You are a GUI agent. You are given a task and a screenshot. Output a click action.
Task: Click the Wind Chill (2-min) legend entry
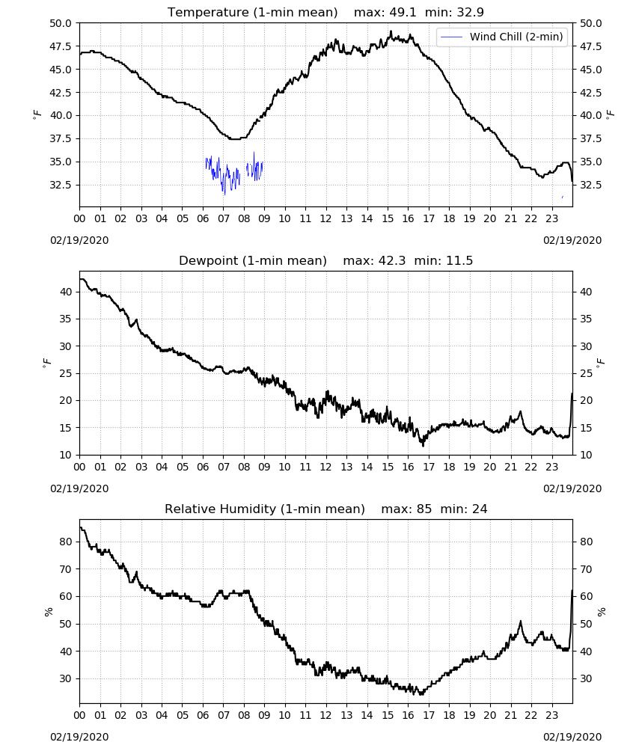pos(502,37)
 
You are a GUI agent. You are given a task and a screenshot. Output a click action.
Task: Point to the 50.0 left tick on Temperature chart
pos(61,23)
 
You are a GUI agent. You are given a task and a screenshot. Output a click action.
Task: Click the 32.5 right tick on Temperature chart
pos(590,185)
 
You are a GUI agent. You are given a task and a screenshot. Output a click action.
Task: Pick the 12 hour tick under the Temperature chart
pos(326,218)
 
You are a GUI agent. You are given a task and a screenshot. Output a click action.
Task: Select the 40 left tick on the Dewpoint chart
pos(66,292)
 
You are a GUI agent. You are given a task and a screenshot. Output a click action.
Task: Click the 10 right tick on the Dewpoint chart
pos(586,455)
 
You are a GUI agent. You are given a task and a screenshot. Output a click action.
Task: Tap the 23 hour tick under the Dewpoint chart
pos(552,467)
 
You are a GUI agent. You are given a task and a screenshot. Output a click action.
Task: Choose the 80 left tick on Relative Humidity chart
pos(66,542)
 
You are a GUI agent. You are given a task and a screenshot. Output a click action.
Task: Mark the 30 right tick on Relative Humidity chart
pos(586,679)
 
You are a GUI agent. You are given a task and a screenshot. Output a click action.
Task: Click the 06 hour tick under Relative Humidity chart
pos(203,715)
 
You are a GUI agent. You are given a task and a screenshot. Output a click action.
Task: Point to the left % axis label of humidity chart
pos(48,612)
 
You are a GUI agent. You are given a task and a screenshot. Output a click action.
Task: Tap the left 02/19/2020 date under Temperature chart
pos(79,240)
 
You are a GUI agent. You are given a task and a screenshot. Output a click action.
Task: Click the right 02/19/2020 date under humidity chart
pos(572,737)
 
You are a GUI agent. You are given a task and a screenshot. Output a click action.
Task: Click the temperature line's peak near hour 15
pos(391,31)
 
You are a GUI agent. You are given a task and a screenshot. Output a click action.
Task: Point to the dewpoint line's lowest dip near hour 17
pos(423,446)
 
